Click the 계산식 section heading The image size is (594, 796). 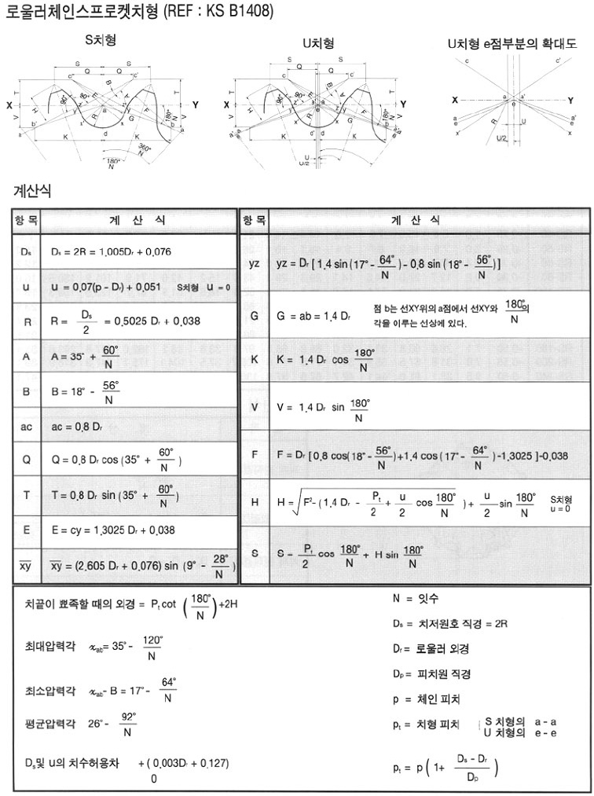coord(34,191)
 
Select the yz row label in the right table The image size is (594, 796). coord(254,264)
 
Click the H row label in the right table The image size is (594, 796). coord(254,501)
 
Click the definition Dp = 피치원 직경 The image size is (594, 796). coord(432,673)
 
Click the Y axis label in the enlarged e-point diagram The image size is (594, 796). coord(570,100)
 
